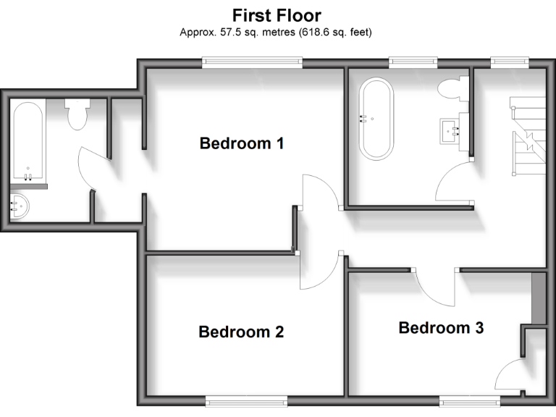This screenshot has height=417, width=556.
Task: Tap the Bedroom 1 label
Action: point(241,143)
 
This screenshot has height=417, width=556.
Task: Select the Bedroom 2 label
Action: point(241,332)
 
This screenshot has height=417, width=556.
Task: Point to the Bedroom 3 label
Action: point(441,328)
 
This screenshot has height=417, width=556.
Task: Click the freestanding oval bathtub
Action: point(377,119)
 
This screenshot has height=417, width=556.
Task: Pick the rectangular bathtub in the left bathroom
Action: point(28,141)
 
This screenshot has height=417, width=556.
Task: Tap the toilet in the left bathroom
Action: point(77,114)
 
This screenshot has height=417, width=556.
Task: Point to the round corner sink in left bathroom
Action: point(20,207)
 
